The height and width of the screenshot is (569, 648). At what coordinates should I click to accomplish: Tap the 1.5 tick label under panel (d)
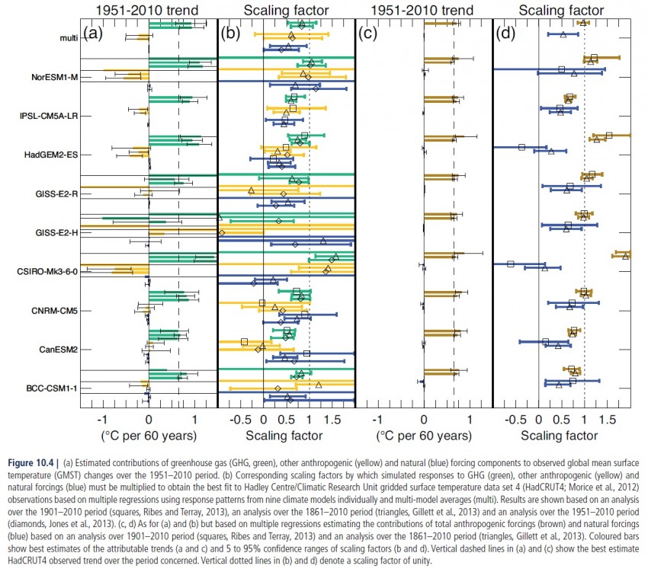(608, 419)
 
